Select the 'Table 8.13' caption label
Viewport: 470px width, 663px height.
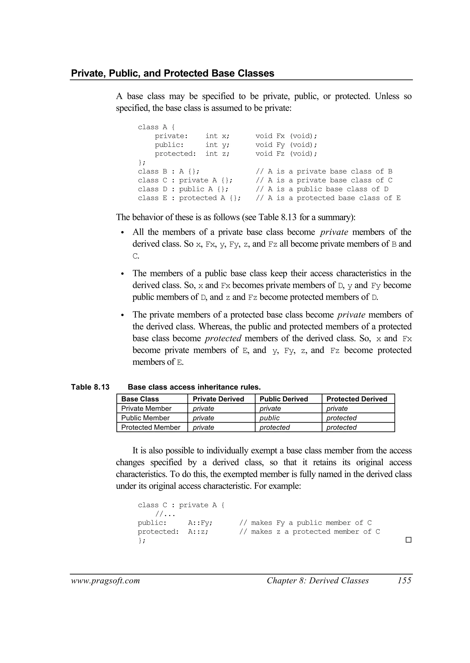(x=90, y=387)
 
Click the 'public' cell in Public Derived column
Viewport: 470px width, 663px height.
(x=269, y=418)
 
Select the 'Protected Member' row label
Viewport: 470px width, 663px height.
(x=151, y=427)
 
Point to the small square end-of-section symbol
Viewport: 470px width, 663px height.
(x=408, y=540)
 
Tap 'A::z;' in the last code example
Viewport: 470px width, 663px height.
(x=198, y=531)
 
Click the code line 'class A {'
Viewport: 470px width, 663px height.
(x=156, y=127)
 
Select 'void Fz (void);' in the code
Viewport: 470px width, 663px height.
(x=286, y=154)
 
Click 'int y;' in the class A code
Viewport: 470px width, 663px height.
(x=217, y=145)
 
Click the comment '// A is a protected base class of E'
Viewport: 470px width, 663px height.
(x=328, y=198)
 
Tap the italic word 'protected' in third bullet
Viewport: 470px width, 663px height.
(x=223, y=338)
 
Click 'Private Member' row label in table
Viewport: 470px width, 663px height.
(x=146, y=408)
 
